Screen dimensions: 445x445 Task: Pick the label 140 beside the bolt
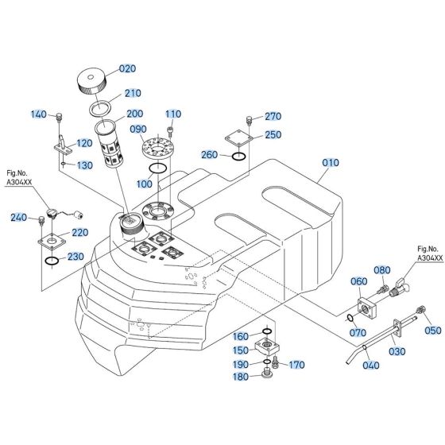[x=39, y=115]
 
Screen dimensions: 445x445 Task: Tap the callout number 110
[x=173, y=113]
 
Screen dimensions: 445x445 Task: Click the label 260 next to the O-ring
[x=210, y=154]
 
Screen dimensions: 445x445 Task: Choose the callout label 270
[x=273, y=117]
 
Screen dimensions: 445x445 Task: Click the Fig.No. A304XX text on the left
[x=19, y=177]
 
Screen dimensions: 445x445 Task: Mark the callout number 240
[x=17, y=217]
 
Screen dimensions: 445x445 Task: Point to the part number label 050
[x=432, y=331]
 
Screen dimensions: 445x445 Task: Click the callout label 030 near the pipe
[x=396, y=350]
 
